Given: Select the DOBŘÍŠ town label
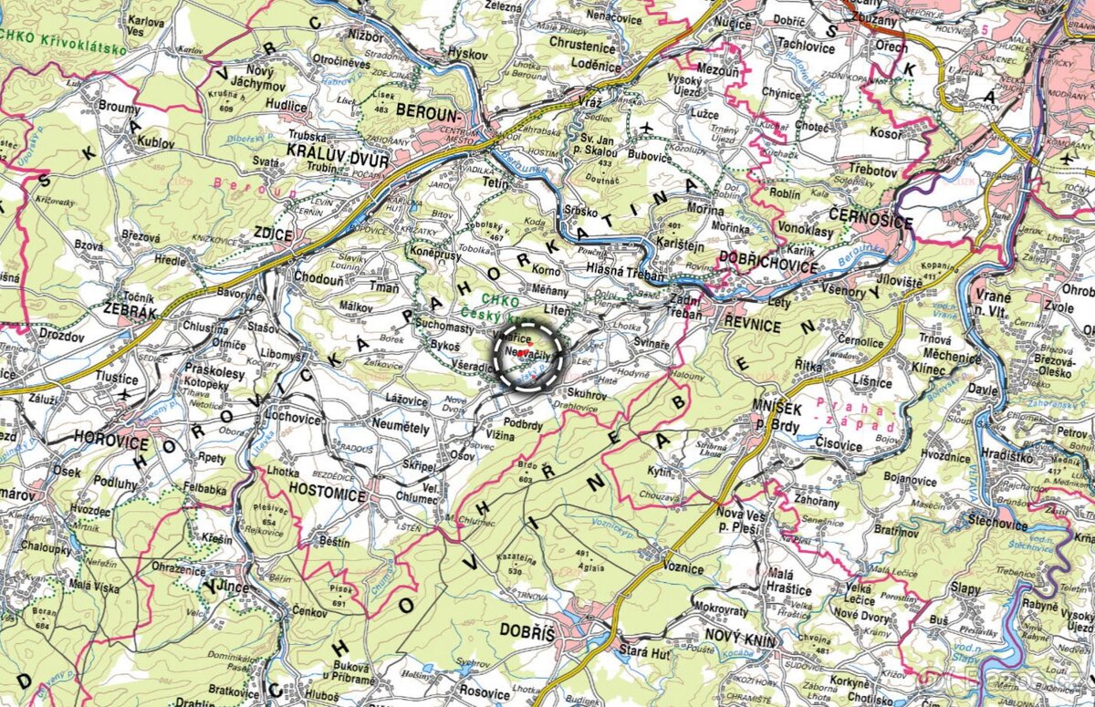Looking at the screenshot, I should pos(527,630).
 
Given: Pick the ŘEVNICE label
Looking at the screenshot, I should pos(754,324).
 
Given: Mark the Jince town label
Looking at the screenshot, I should pos(228,587).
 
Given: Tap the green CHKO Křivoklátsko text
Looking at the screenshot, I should pos(64,49).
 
